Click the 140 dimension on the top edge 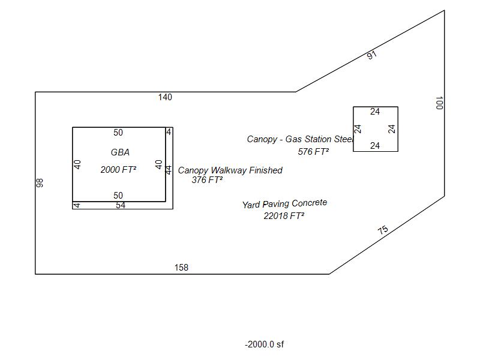click(x=165, y=97)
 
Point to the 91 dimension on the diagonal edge click(x=371, y=55)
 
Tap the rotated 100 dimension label click(x=439, y=103)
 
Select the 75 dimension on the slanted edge click(x=383, y=230)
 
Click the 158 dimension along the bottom click(x=181, y=268)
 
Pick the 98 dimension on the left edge click(x=40, y=183)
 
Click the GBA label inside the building click(x=120, y=152)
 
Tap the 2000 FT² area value click(x=118, y=170)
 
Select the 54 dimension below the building click(x=121, y=205)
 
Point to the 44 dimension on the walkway click(x=169, y=170)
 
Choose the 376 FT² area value click(x=207, y=180)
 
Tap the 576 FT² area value click(x=313, y=152)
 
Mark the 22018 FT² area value click(x=284, y=216)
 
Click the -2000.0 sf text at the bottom click(x=265, y=344)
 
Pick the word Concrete click(x=310, y=203)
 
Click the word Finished click(x=266, y=170)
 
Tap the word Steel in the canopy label click(x=344, y=139)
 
